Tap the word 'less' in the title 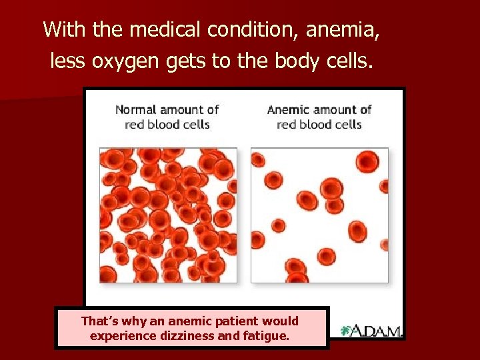[x=67, y=62]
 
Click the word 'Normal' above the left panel [x=135, y=110]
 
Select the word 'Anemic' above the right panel [x=288, y=110]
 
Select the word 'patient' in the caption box [x=237, y=321]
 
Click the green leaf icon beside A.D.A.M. [x=347, y=330]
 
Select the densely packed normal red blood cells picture [x=168, y=215]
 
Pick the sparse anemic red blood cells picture [x=319, y=215]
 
